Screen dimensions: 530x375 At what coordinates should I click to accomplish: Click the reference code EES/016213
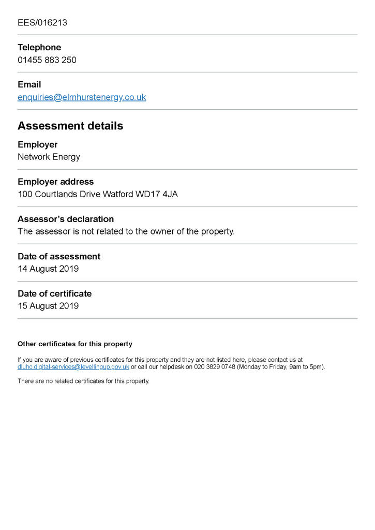coord(42,23)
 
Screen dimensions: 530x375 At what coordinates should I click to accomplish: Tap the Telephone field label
coord(39,48)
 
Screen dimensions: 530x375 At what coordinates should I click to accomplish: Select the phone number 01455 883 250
coord(47,60)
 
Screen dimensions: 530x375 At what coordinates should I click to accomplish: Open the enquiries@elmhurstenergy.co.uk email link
coord(82,97)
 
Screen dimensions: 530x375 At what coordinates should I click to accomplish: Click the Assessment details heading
coord(70,126)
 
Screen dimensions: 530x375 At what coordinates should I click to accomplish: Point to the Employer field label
coord(38,145)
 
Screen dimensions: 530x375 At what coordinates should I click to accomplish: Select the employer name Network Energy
coord(49,157)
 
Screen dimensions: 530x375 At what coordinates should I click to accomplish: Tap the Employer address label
coord(56,182)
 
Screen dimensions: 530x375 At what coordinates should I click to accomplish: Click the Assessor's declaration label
coord(66,219)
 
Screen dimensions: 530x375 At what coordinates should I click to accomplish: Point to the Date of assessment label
coord(59,257)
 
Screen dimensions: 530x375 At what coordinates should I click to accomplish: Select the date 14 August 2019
coord(48,269)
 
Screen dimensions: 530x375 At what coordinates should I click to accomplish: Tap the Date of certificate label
coord(54,294)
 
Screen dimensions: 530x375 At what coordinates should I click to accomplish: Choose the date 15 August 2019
coord(48,306)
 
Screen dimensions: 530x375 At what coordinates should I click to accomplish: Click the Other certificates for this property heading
coord(75,344)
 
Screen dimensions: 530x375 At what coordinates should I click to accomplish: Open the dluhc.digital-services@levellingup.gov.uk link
coord(73,367)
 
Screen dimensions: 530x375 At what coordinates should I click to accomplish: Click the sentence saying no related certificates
coord(83,381)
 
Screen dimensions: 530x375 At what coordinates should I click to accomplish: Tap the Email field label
coord(29,85)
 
